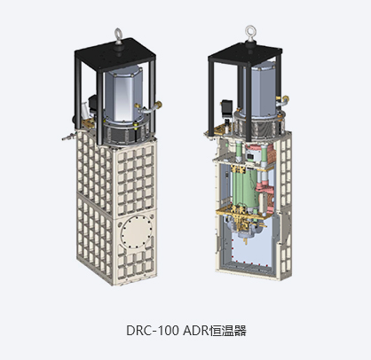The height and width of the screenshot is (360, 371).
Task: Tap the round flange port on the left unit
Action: point(137,231)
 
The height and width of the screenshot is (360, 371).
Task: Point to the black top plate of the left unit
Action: point(115,55)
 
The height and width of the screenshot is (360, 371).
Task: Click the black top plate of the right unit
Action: point(246,55)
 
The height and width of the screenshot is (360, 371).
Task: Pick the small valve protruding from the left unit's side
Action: point(68,137)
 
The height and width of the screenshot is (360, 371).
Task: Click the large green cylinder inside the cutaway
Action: point(245,188)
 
